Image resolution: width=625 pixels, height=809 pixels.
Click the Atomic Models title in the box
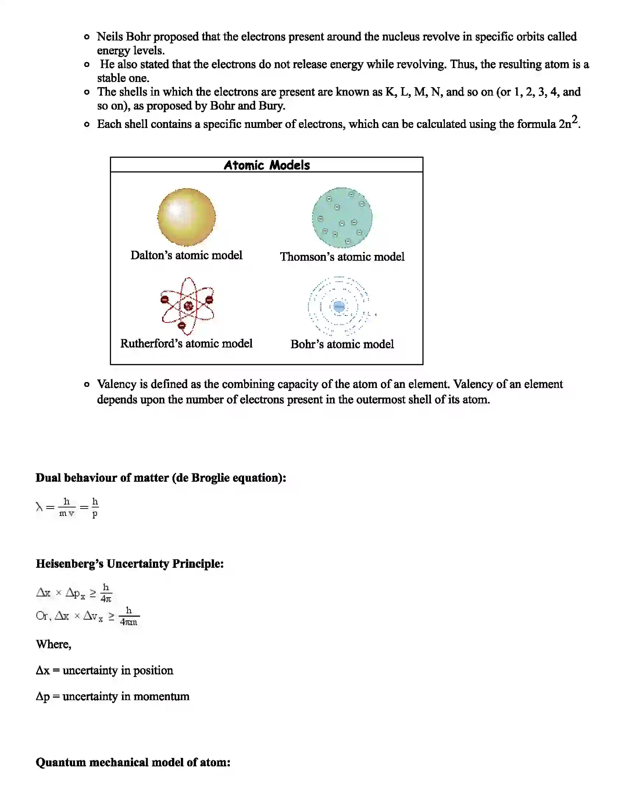point(267,165)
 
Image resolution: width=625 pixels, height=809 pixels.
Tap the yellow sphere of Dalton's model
point(186,217)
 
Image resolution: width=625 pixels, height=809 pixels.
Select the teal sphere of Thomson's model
point(342,217)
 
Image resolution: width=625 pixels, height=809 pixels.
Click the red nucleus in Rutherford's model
point(189,306)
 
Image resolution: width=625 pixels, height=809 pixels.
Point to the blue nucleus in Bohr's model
point(339,306)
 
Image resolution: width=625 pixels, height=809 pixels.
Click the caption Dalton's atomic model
point(186,255)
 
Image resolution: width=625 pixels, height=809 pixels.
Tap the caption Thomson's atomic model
point(342,257)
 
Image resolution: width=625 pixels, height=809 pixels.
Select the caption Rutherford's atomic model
point(186,343)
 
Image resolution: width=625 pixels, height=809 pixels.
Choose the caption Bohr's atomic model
point(342,344)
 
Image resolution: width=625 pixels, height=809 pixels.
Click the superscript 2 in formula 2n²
point(574,119)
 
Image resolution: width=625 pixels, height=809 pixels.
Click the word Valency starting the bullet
point(117,384)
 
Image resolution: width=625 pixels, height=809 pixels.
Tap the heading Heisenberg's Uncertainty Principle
point(129,564)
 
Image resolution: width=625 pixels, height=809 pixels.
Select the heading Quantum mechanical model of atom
point(133,762)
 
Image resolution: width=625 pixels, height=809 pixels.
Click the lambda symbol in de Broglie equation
point(39,506)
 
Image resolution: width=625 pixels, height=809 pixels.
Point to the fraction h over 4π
point(106,593)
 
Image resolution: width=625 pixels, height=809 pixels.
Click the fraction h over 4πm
point(129,616)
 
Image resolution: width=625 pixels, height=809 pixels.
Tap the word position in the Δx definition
point(153,670)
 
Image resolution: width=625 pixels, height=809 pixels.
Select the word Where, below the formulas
point(53,645)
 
